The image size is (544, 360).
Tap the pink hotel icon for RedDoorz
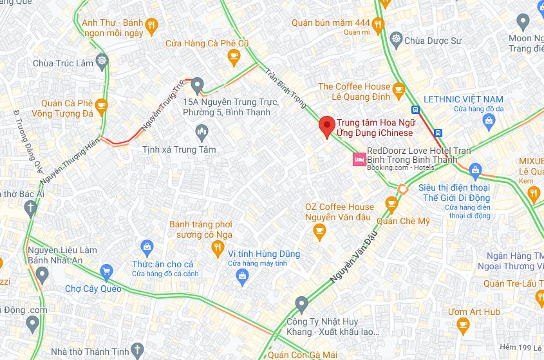[x=357, y=158]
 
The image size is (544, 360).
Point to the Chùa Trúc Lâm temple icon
[x=102, y=62]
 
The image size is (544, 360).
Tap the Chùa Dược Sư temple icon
[x=396, y=41]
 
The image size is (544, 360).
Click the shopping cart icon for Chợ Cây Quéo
[x=106, y=270]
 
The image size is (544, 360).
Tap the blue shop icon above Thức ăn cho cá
[x=147, y=246]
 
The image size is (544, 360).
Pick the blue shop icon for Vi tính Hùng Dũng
[x=242, y=277]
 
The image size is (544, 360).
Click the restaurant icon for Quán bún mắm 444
[x=378, y=24]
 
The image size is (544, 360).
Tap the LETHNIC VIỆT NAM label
[x=464, y=99]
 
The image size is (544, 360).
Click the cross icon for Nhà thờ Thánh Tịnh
[x=136, y=350]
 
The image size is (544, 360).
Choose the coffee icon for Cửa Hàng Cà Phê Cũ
[x=235, y=59]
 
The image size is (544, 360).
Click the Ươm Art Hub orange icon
[x=462, y=328]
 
